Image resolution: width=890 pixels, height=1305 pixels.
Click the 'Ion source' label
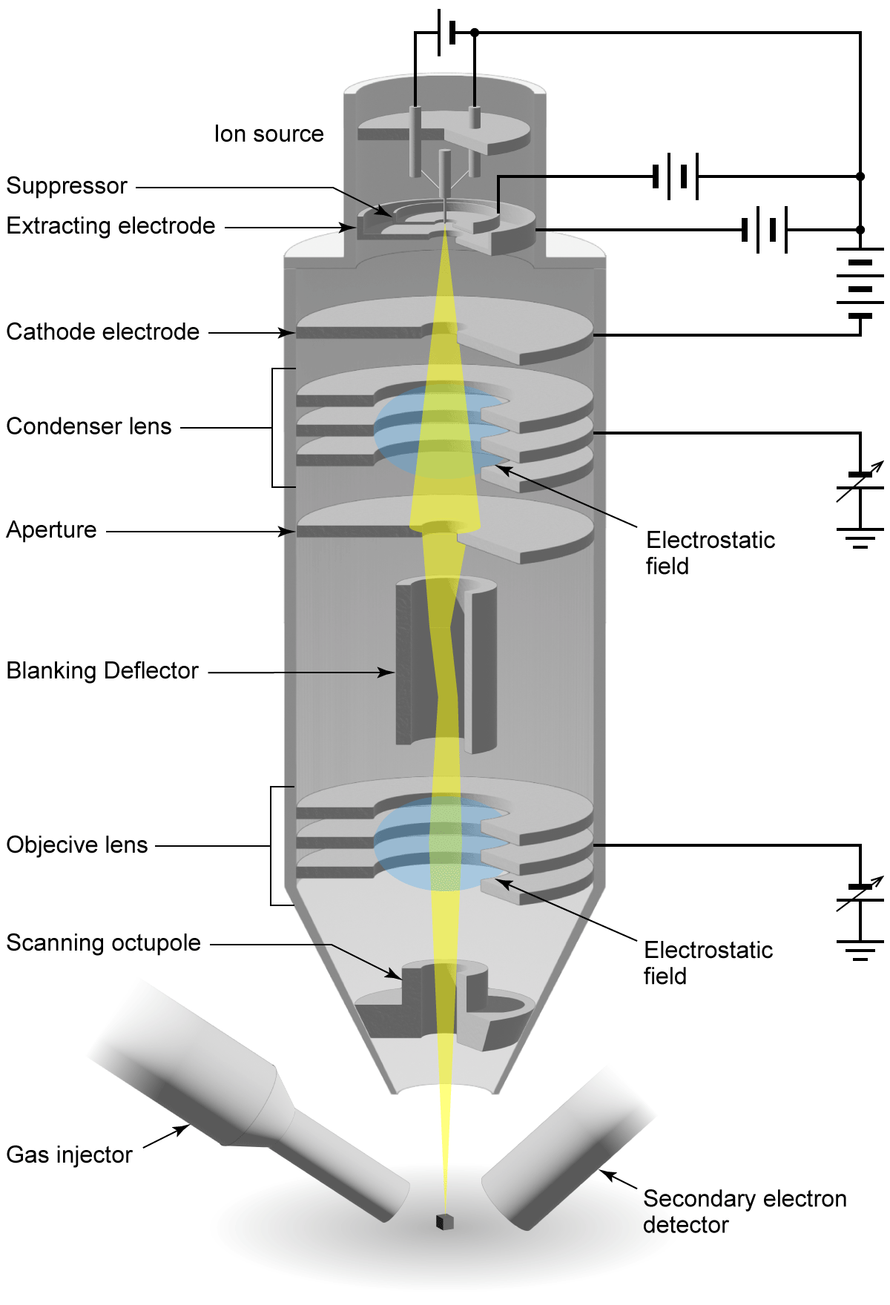268,134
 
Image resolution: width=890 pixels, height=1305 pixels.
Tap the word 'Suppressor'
67,185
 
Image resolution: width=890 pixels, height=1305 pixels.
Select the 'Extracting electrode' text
111,225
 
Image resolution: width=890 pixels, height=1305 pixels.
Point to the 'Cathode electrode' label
102,331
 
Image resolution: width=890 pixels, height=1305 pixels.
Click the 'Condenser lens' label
88,426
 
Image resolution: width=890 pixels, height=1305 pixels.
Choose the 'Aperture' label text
51,529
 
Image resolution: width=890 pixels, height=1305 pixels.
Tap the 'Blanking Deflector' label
102,670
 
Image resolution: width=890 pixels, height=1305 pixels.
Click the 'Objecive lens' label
77,845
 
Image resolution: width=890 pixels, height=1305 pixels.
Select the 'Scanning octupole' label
103,942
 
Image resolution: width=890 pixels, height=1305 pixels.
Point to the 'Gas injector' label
69,1154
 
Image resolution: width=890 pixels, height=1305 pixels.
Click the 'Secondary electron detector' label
744,1212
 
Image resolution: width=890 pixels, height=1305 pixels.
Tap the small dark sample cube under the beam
444,1222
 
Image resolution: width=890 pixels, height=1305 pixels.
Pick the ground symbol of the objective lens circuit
860,950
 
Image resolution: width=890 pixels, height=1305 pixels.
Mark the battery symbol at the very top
446,33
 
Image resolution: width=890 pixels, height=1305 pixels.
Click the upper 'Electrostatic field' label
710,552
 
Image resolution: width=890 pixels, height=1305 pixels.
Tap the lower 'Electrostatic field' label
708,962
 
